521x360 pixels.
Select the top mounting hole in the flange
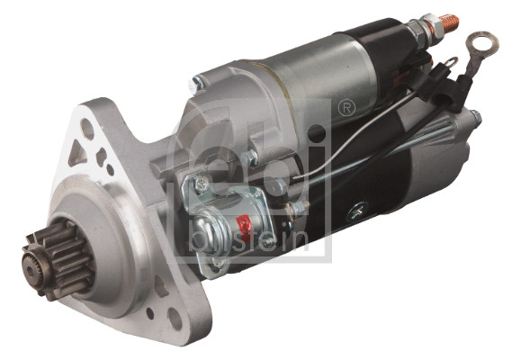click(87, 128)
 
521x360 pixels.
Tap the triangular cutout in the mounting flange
click(78, 154)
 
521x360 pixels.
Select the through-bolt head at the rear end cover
click(475, 118)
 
